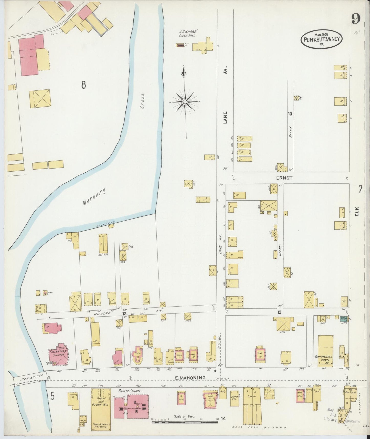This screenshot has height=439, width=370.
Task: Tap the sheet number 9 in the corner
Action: click(356, 18)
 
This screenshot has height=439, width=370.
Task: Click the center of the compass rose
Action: click(185, 102)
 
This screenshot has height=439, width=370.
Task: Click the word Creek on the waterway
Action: click(143, 101)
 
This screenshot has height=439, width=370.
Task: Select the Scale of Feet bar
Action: click(184, 421)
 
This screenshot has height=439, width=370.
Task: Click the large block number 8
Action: click(83, 84)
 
